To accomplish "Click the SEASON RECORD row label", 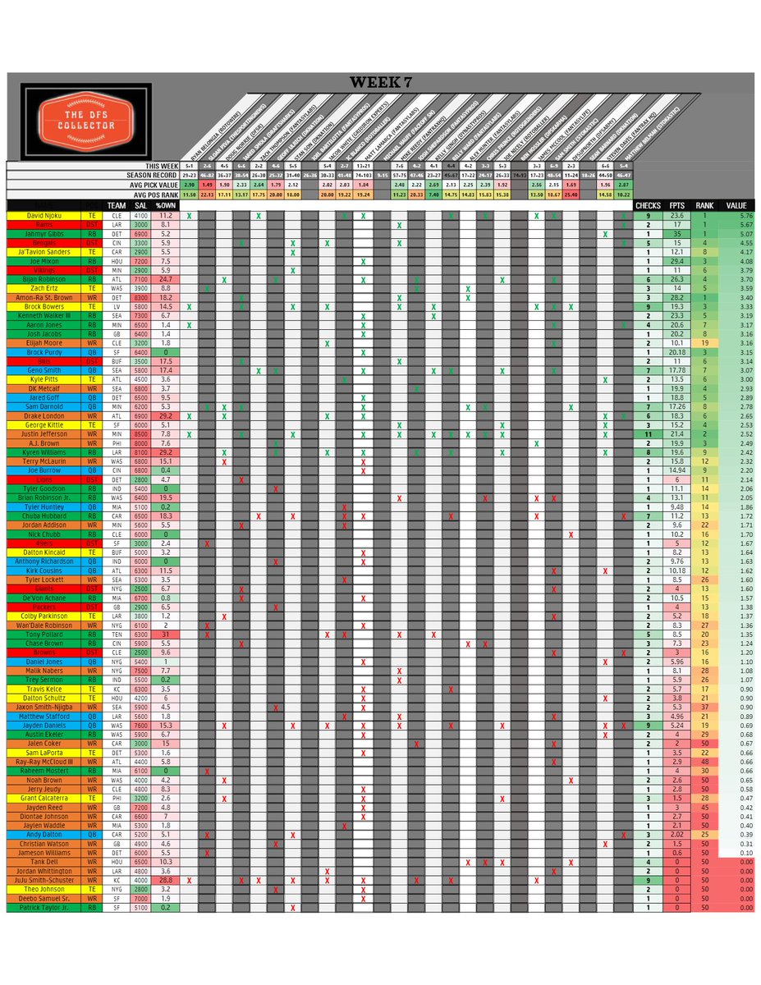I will click(147, 175).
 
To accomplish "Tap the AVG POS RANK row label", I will click(147, 194).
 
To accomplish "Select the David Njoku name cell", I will click(41, 215).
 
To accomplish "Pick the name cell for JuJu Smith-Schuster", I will click(41, 880).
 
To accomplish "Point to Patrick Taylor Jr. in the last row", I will click(41, 907).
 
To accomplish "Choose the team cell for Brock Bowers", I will click(117, 305).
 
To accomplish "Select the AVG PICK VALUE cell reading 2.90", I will click(190, 185).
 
